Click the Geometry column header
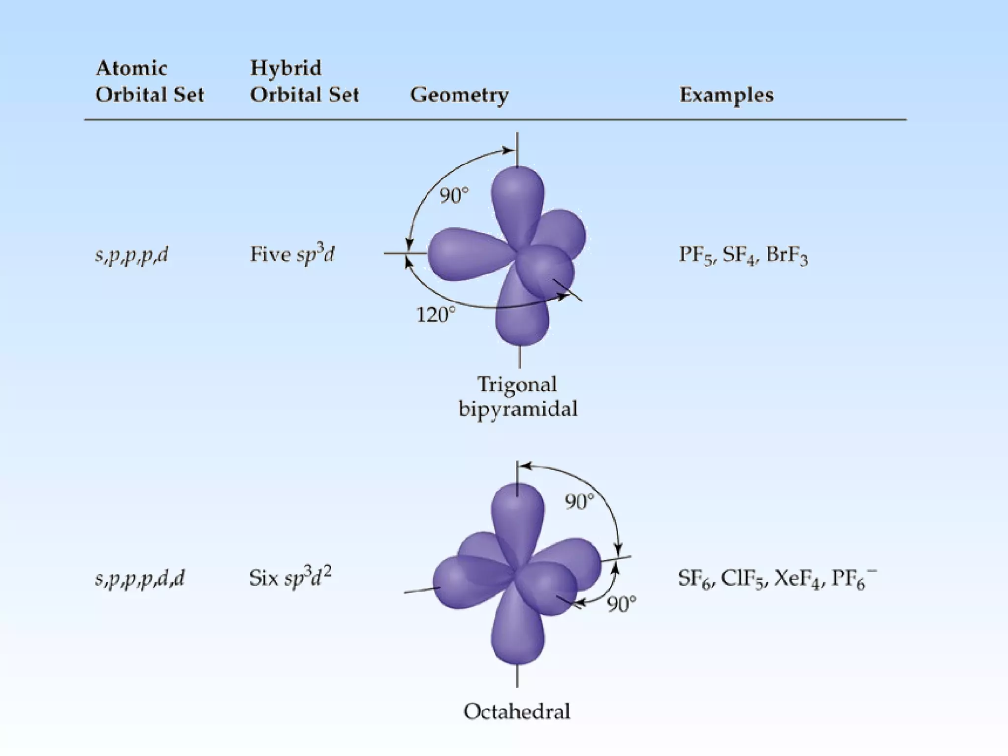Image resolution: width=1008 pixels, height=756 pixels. (459, 94)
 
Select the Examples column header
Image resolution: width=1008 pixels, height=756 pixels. (726, 94)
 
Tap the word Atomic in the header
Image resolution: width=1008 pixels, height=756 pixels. (131, 68)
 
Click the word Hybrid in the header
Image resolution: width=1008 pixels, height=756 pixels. (285, 68)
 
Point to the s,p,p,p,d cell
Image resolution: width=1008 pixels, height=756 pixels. (131, 254)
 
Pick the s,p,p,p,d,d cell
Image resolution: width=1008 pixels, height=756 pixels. (140, 578)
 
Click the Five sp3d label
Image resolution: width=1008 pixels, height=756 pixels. (292, 254)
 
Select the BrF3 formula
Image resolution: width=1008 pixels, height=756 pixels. (787, 255)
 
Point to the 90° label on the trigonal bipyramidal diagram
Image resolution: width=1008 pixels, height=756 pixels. (454, 195)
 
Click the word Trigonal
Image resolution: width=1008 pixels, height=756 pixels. (517, 384)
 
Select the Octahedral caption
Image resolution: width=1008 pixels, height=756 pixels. (517, 711)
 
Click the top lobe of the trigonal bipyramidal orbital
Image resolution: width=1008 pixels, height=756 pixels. (518, 197)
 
